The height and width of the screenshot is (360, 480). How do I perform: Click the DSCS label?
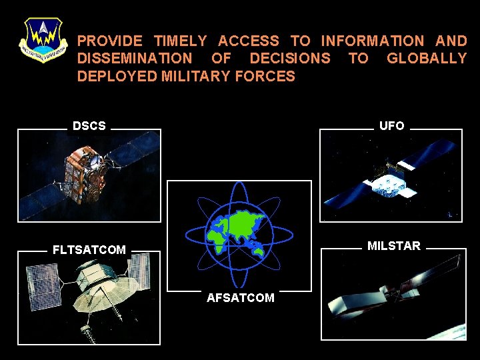[89, 126]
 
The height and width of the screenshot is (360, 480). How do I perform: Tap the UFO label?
[391, 126]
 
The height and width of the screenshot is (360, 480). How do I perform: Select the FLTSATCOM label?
[89, 250]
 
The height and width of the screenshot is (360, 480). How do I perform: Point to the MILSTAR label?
[394, 246]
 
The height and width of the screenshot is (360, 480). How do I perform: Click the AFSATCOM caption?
[240, 298]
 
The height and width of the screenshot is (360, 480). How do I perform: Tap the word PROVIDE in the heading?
[109, 41]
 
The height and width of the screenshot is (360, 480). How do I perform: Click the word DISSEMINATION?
[135, 59]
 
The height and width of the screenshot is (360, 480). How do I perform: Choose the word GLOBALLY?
[427, 59]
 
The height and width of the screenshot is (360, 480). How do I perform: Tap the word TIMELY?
[180, 41]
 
